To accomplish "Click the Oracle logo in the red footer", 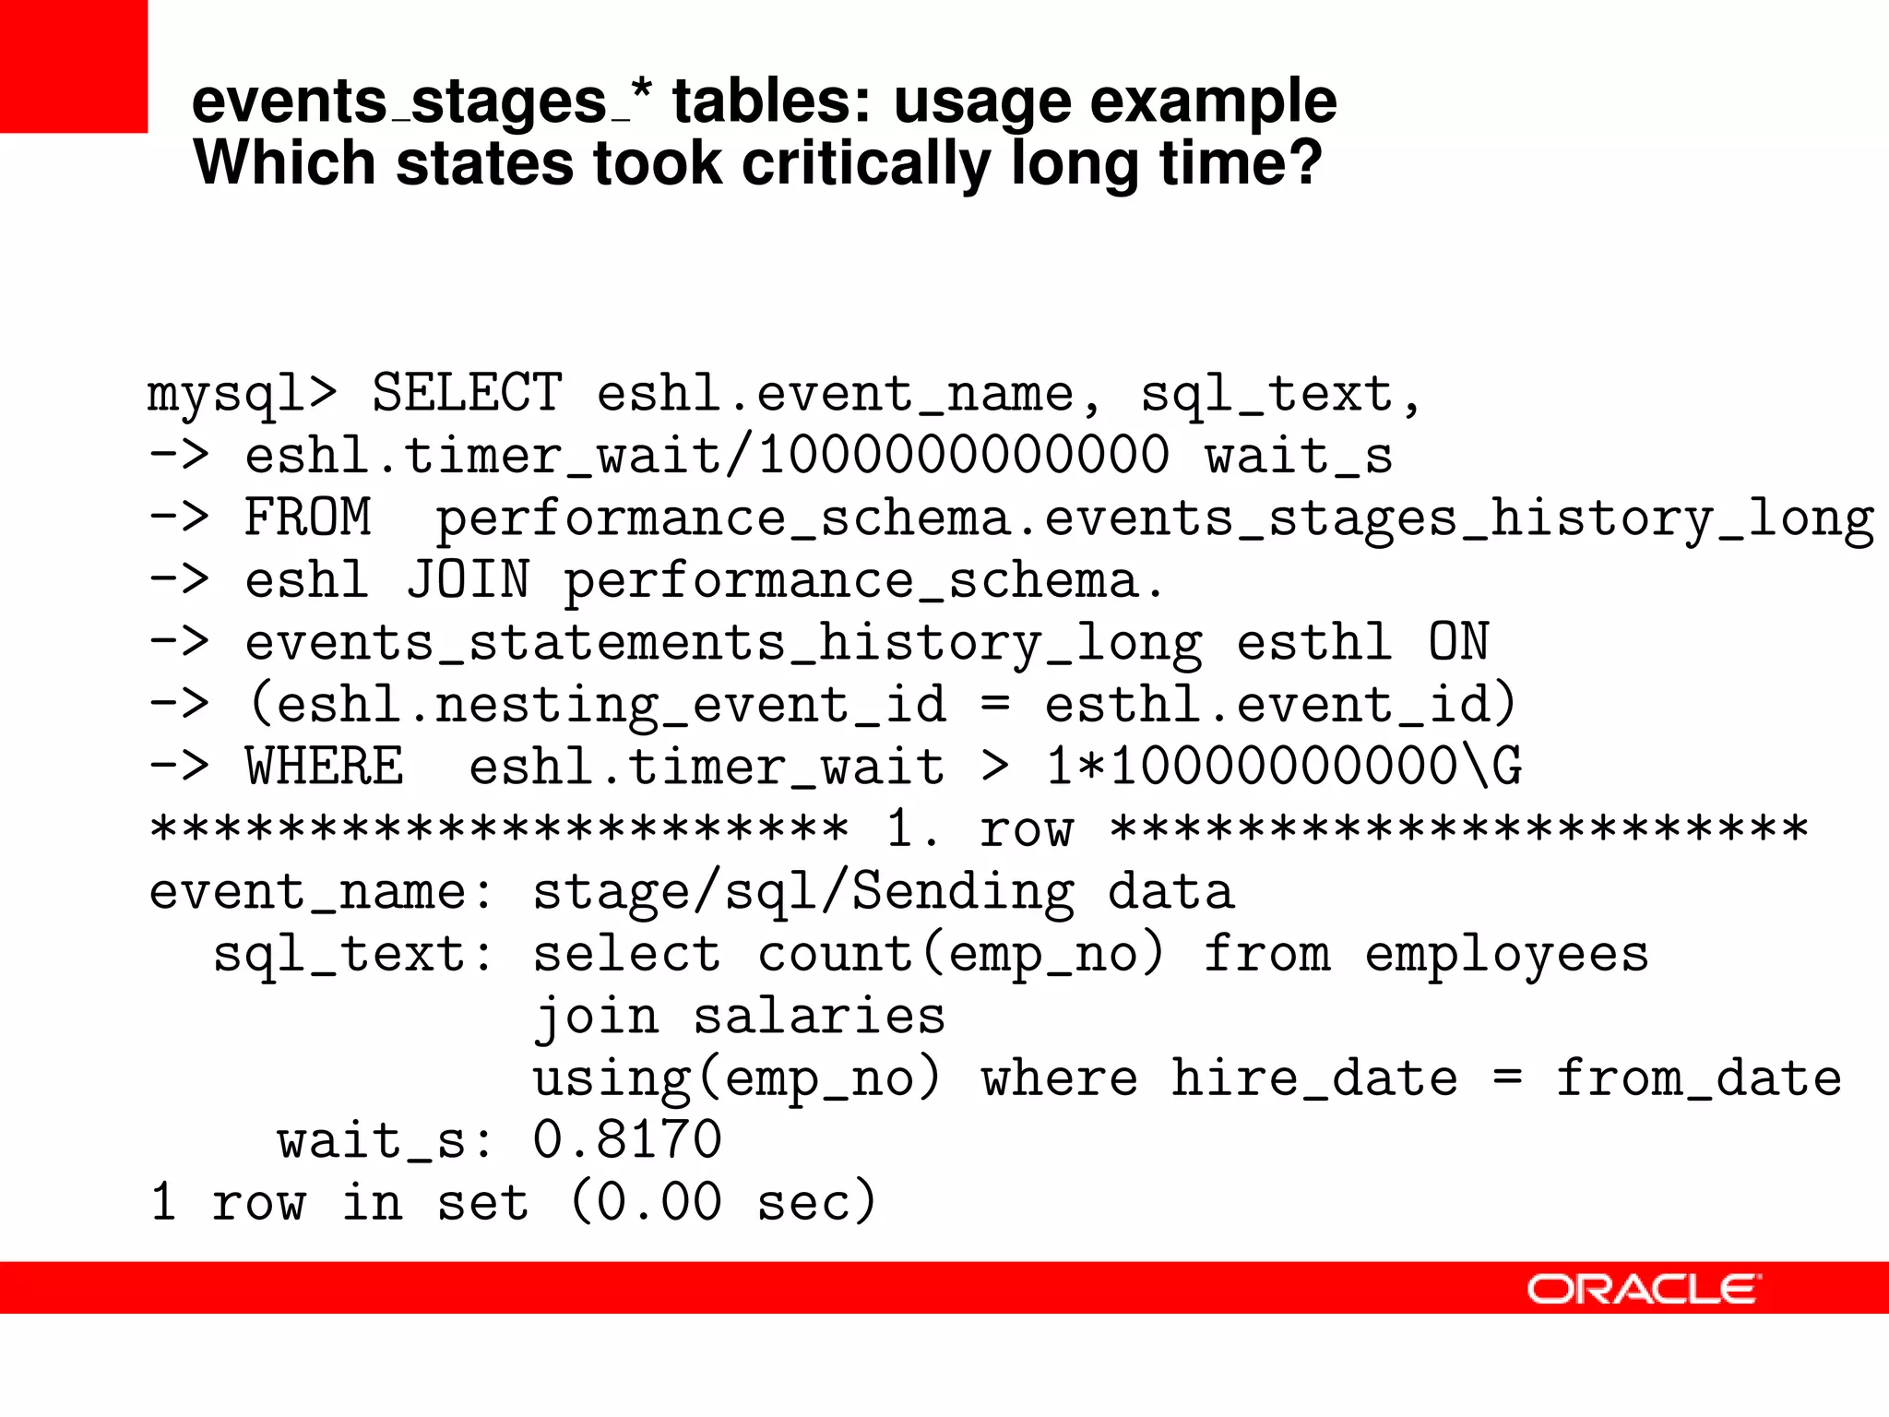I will pyautogui.click(x=1643, y=1289).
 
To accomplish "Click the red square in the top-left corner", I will pyautogui.click(x=73, y=65).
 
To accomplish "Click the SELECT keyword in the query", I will pyautogui.click(x=467, y=393).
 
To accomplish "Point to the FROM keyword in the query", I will pyautogui.click(x=307, y=517).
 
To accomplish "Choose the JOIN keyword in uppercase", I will pyautogui.click(x=468, y=579).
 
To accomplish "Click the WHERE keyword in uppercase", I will pyautogui.click(x=324, y=767).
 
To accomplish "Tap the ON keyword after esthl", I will pyautogui.click(x=1458, y=642).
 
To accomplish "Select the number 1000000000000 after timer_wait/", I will pyautogui.click(x=963, y=455).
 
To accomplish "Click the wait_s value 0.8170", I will pyautogui.click(x=627, y=1139).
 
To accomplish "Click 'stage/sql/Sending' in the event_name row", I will pyautogui.click(x=803, y=892).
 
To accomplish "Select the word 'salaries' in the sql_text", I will pyautogui.click(x=819, y=1016).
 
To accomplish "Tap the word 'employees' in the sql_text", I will pyautogui.click(x=1506, y=955).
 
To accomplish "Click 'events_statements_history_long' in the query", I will pyautogui.click(x=723, y=643).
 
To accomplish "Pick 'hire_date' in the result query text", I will pyautogui.click(x=1314, y=1078).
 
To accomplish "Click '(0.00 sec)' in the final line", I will pyautogui.click(x=723, y=1202).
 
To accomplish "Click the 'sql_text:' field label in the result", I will pyautogui.click(x=354, y=955).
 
